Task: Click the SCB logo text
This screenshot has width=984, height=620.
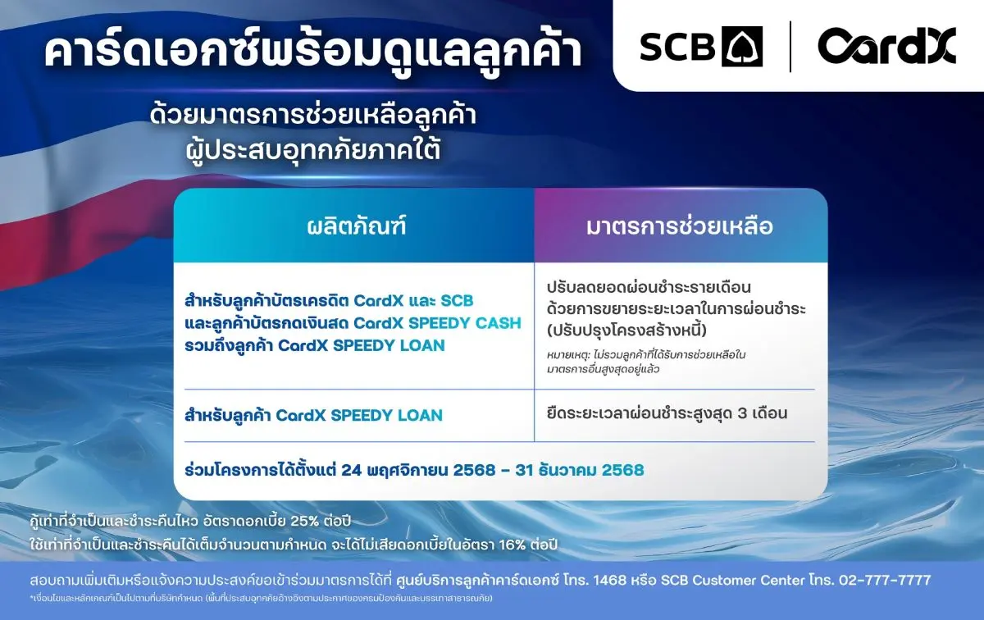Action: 676,46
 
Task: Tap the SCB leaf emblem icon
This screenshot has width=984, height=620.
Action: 741,46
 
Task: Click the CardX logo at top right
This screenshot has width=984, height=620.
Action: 886,46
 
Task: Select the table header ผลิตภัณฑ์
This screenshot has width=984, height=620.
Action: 353,226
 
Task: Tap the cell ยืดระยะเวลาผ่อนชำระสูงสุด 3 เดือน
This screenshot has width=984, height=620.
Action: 667,413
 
